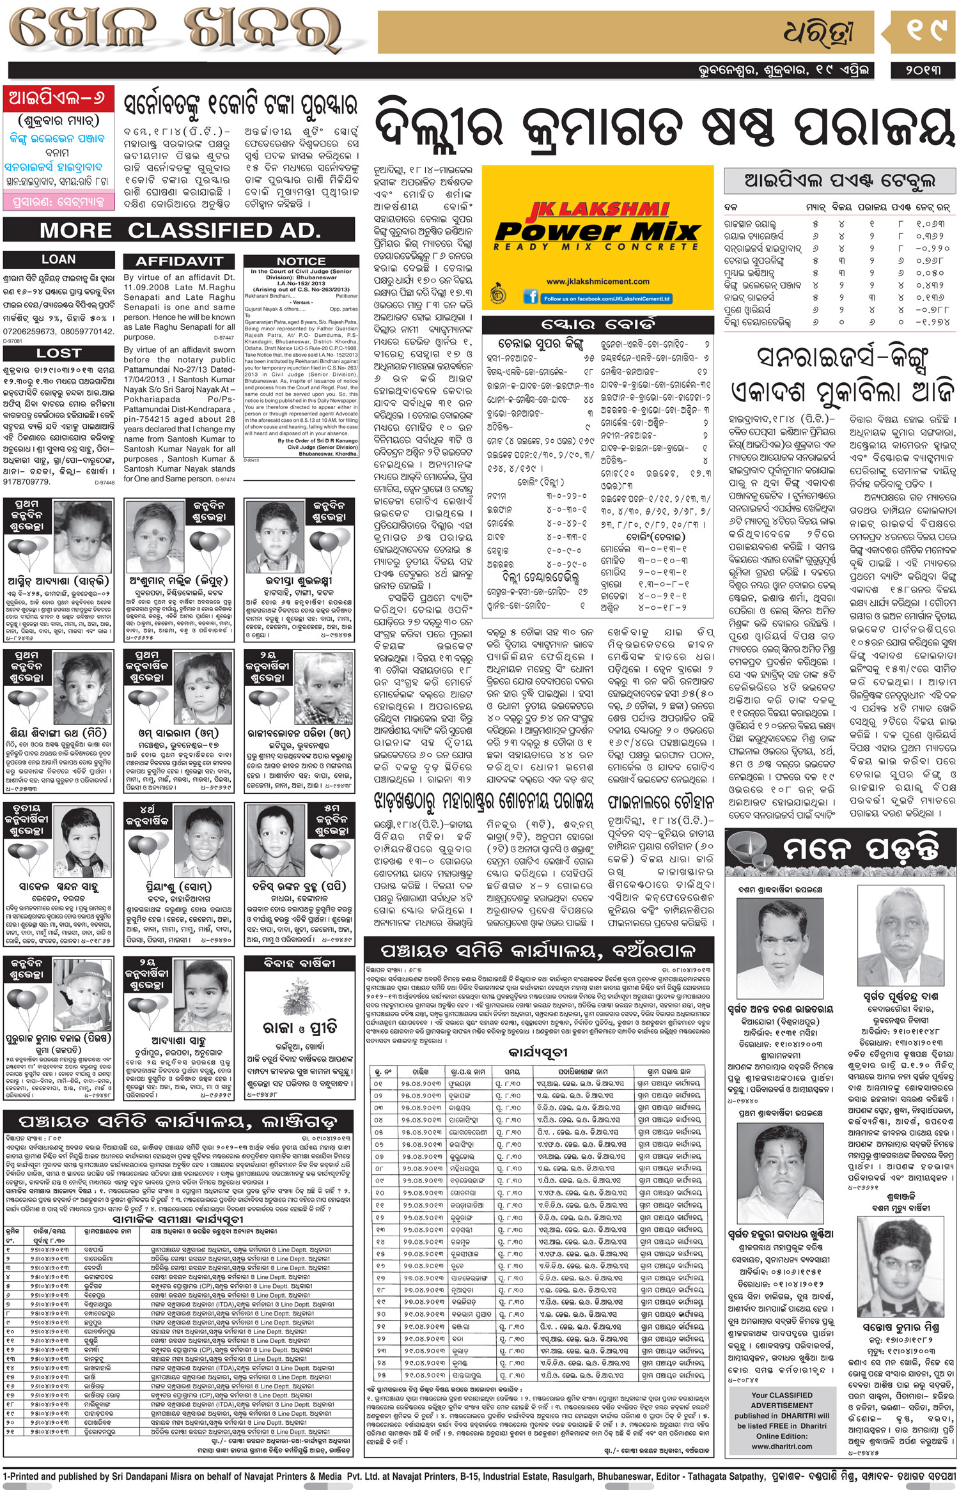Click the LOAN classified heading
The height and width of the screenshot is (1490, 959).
click(x=59, y=260)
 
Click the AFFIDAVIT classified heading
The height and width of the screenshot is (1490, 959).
click(x=179, y=261)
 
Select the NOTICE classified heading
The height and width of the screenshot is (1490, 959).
click(x=300, y=261)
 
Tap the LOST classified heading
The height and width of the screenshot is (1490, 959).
click(x=59, y=353)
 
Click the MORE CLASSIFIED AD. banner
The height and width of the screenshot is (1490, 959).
click(x=179, y=229)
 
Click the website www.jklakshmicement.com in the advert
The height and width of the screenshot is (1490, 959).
click(x=597, y=281)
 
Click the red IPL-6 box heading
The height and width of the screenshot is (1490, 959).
click(x=59, y=98)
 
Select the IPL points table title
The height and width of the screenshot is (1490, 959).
click(x=839, y=181)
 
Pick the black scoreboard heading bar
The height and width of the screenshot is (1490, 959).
click(x=597, y=323)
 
